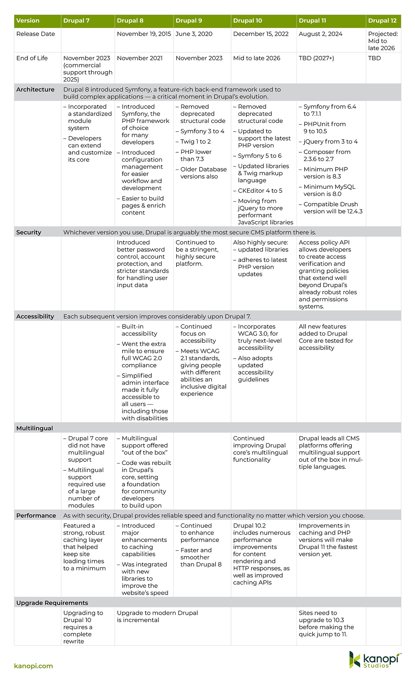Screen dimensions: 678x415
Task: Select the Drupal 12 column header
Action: coord(382,21)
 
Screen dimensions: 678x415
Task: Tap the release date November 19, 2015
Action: coord(144,34)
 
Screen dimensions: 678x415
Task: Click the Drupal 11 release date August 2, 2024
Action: coord(321,34)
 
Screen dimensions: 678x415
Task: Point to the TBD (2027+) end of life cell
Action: coord(316,58)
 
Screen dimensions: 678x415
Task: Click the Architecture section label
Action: coord(35,90)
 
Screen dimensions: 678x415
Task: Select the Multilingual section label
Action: coord(34,428)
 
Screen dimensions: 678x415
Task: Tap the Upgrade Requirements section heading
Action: coord(52,603)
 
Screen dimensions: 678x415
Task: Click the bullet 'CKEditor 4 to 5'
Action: coord(260,191)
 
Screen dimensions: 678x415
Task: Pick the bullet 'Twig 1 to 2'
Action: coord(195,142)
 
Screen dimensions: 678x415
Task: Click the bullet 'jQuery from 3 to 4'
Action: coord(330,142)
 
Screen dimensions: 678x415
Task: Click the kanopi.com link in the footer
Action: coord(33,666)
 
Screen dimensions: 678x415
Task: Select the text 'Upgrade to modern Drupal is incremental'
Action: coord(157,616)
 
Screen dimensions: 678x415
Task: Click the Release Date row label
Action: coord(35,34)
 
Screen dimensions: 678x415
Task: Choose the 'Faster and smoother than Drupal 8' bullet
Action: coord(200,557)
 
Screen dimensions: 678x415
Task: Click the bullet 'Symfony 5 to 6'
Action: coord(260,156)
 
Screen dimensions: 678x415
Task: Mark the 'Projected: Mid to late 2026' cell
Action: coord(383,41)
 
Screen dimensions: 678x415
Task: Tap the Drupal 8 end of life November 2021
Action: coord(140,58)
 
